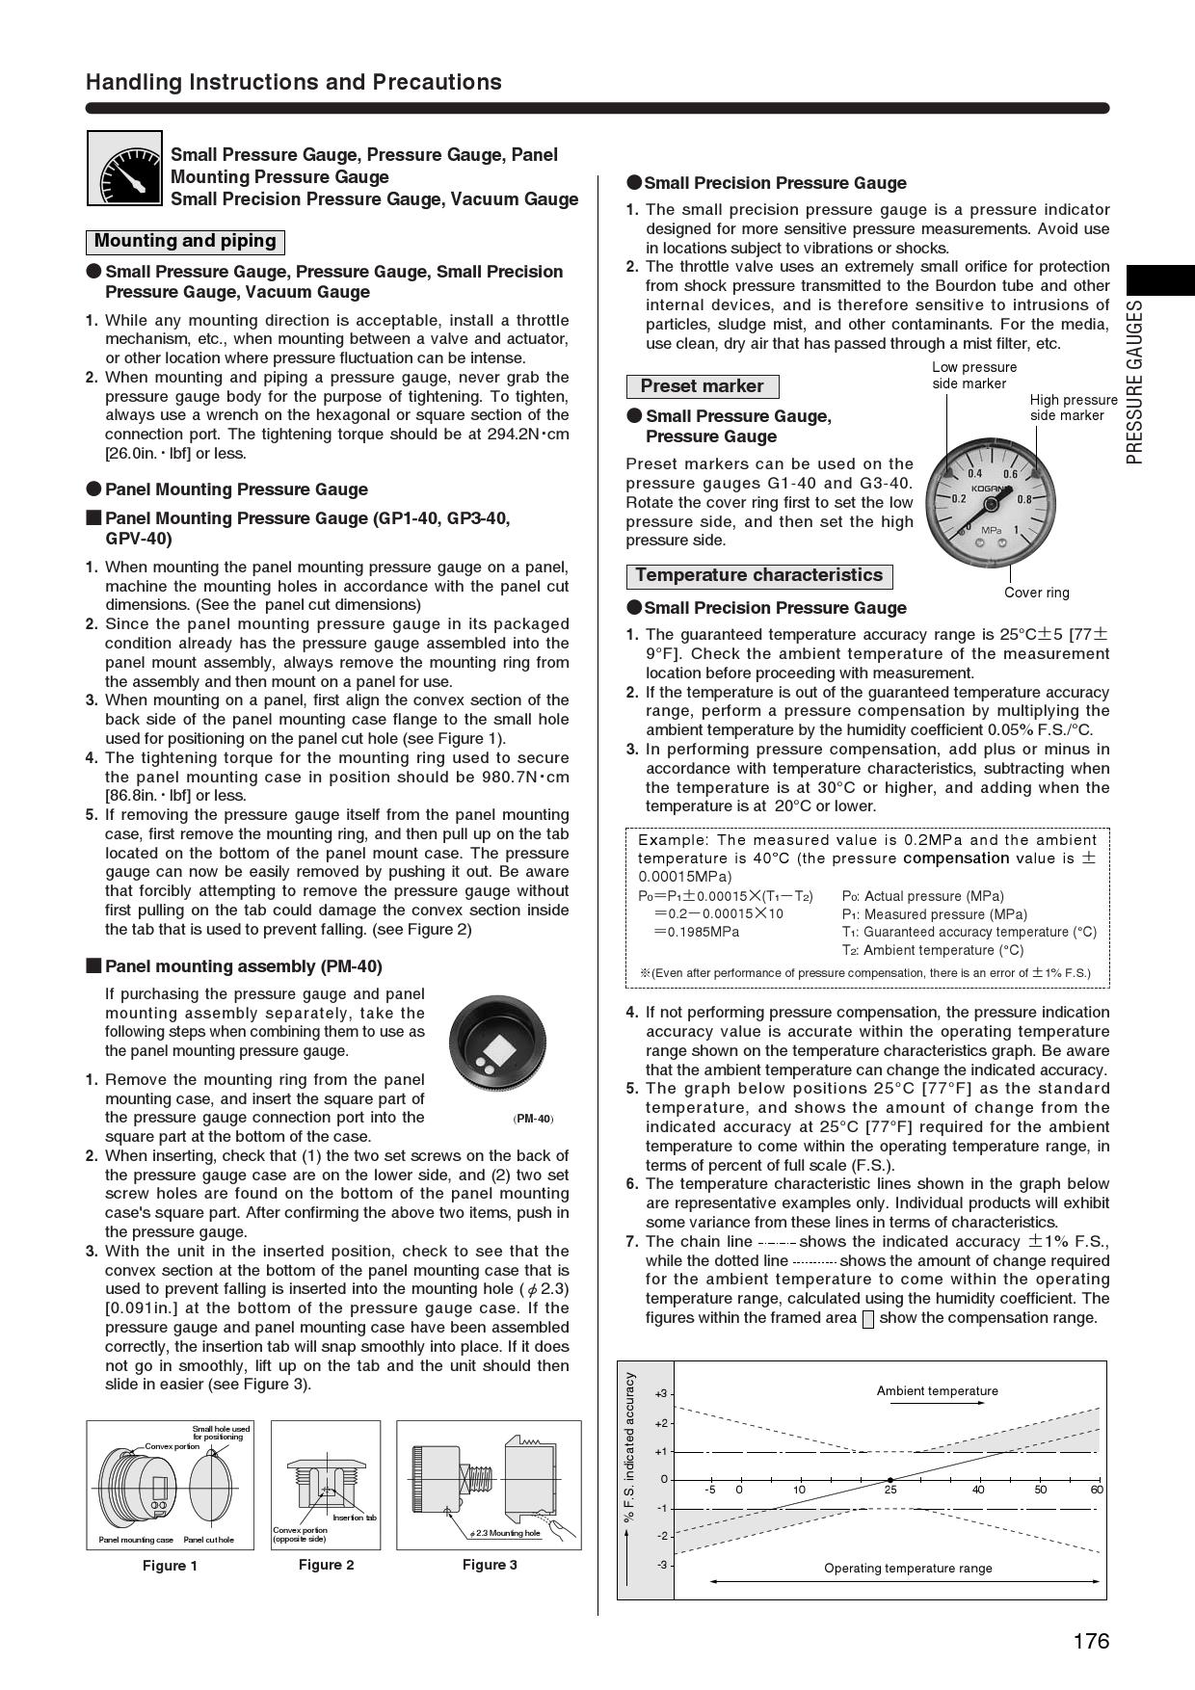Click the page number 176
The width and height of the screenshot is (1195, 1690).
[1091, 1641]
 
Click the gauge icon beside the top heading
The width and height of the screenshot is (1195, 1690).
[124, 169]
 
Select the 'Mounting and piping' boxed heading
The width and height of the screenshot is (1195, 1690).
[185, 241]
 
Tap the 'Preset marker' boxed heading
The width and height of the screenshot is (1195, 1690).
[702, 386]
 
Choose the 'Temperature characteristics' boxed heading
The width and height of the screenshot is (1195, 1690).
[758, 575]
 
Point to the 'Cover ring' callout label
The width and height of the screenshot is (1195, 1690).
[1036, 593]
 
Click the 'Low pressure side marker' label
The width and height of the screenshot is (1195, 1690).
[973, 375]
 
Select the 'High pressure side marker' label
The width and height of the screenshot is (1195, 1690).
[1073, 408]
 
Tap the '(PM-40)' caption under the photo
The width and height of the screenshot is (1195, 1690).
[533, 1119]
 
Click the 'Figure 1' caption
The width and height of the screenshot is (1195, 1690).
[170, 1566]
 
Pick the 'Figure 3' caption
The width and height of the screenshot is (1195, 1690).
[490, 1565]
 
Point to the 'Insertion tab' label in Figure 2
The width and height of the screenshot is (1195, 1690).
[355, 1518]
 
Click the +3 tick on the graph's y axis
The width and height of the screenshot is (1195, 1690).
[661, 1394]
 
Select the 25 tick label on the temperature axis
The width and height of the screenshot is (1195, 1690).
[890, 1490]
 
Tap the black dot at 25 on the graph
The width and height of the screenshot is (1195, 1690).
[890, 1480]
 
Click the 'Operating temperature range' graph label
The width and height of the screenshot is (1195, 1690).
[908, 1568]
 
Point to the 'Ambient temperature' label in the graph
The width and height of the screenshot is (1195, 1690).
[937, 1390]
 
